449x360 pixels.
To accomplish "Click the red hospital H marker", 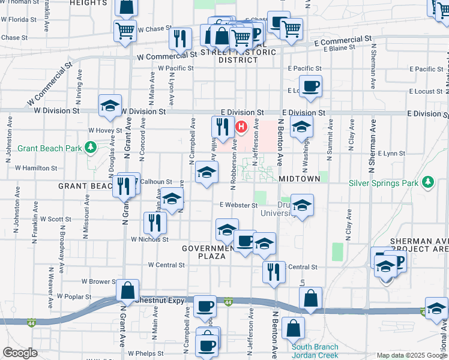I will [241, 127].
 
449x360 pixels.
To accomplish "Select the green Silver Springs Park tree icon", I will [427, 181].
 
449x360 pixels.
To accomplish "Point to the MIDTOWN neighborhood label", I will [299, 179].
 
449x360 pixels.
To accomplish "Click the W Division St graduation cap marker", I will [110, 107].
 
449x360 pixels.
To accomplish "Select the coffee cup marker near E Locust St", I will [310, 87].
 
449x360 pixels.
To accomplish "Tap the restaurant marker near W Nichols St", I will [155, 223].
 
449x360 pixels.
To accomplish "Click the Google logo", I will [20, 352].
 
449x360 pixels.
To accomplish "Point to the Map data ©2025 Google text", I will [411, 355].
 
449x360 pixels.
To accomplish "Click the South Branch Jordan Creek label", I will [315, 351].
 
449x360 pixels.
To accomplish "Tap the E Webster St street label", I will [238, 205].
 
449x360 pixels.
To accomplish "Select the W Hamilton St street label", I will [36, 169].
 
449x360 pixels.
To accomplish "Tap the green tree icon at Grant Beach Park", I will [90, 146].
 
